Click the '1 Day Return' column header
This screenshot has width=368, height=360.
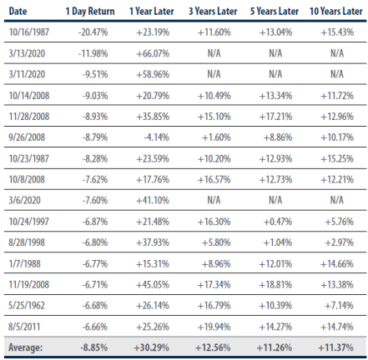(90, 12)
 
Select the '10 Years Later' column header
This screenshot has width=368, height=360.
(336, 12)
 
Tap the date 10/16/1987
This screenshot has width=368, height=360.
(29, 32)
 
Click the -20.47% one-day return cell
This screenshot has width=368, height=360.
(93, 32)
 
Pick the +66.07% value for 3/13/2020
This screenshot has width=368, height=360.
(153, 53)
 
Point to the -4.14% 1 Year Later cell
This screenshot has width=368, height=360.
(156, 137)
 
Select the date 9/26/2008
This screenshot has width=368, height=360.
(27, 137)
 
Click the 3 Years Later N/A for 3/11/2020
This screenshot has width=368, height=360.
(214, 74)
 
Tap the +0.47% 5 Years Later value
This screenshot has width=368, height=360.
(278, 222)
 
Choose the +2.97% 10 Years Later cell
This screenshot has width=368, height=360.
(339, 242)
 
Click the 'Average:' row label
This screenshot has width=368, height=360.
(25, 347)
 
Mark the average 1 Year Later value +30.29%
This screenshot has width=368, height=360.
(151, 347)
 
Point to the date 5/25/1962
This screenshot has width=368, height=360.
(27, 306)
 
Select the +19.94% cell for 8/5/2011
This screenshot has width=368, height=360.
(214, 327)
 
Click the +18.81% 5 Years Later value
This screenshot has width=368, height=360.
(275, 285)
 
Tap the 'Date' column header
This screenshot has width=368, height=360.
(18, 12)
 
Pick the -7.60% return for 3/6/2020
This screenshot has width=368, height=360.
(95, 200)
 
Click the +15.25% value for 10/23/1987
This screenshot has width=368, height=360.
(337, 158)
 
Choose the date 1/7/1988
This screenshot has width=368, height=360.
(24, 263)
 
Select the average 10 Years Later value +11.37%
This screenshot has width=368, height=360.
(335, 347)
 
